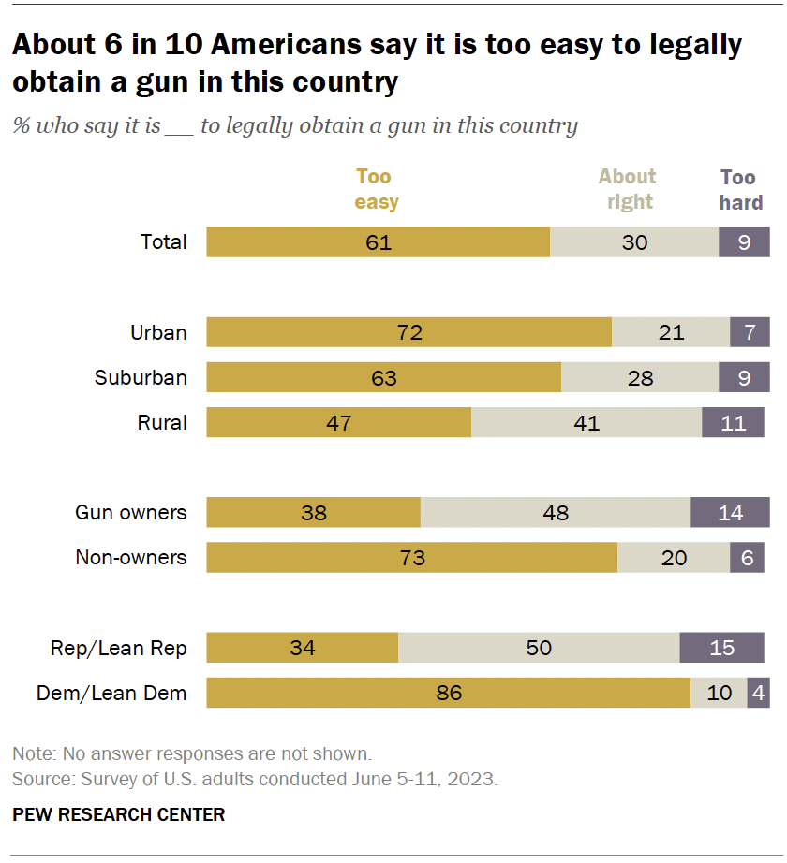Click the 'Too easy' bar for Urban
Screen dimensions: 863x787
pyautogui.click(x=408, y=332)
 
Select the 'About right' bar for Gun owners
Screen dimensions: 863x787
pyautogui.click(x=555, y=512)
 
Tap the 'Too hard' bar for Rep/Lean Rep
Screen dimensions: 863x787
pyautogui.click(x=721, y=648)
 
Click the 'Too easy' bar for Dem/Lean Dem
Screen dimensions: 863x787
pyautogui.click(x=448, y=693)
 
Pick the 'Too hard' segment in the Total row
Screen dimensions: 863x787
pyautogui.click(x=744, y=241)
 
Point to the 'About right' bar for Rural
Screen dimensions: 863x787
pyautogui.click(x=586, y=422)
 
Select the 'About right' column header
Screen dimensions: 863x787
pyautogui.click(x=627, y=189)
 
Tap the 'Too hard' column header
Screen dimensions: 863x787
pyautogui.click(x=740, y=189)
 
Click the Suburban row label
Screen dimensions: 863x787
pyautogui.click(x=141, y=377)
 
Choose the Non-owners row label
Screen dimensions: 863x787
pyautogui.click(x=131, y=557)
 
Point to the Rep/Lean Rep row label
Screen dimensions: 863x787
pyautogui.click(x=118, y=648)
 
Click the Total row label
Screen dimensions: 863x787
pyautogui.click(x=164, y=241)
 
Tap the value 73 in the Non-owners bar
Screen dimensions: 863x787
pyautogui.click(x=411, y=558)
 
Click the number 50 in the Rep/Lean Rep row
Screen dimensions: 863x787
pyautogui.click(x=539, y=648)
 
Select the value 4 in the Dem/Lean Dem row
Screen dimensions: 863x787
pyautogui.click(x=758, y=693)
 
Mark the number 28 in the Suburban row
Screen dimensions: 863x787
pyautogui.click(x=639, y=378)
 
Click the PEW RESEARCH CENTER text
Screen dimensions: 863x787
pyautogui.click(x=119, y=814)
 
